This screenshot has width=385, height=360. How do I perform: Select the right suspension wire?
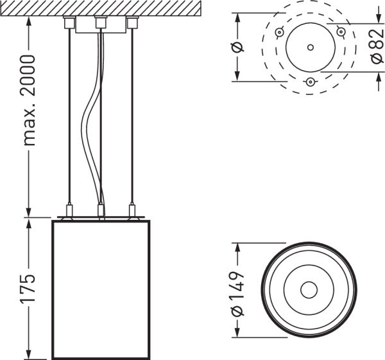(x=132, y=116)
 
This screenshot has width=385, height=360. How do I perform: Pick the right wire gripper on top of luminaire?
(x=132, y=210)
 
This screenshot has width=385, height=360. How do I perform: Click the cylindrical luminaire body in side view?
(x=100, y=289)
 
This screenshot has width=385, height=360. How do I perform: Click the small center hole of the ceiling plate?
(x=310, y=47)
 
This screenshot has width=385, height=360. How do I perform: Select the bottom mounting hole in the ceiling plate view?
(x=310, y=81)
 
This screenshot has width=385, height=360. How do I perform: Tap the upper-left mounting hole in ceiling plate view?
(x=280, y=32)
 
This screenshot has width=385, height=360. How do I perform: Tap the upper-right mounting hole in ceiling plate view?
(x=340, y=32)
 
